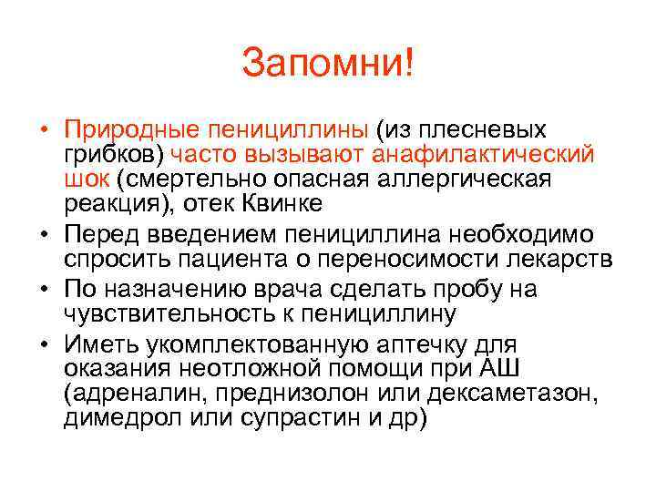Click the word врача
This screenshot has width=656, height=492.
click(346, 289)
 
